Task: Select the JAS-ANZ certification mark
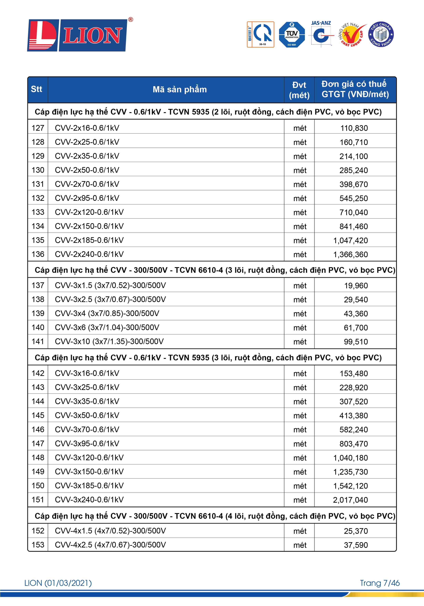(321, 34)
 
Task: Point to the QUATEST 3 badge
(260, 35)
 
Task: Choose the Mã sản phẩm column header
(180, 89)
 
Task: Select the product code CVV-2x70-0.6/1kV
(87, 184)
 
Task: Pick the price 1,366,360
(350, 255)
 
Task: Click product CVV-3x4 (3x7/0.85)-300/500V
(107, 314)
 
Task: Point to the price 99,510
(356, 342)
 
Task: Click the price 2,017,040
(350, 500)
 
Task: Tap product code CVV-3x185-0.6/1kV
(89, 486)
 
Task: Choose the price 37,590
(356, 545)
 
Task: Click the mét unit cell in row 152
(300, 531)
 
